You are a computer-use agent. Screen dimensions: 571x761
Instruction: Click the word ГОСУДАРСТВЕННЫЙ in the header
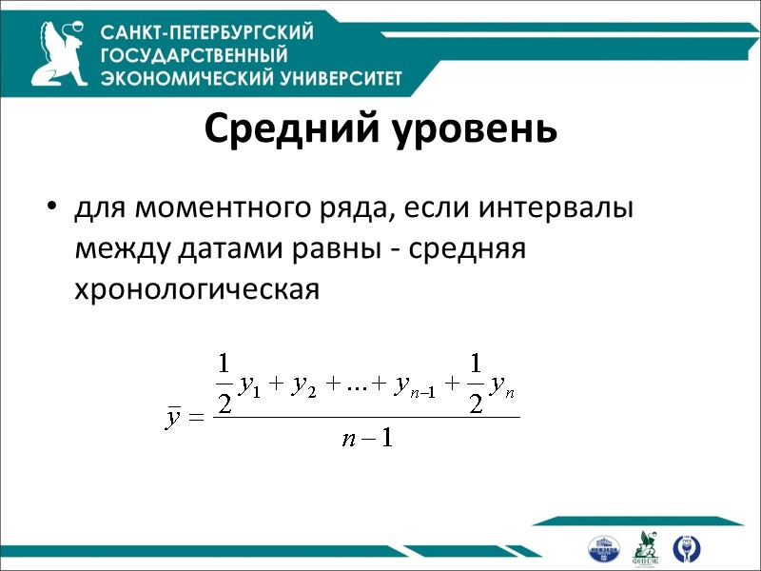tap(194, 55)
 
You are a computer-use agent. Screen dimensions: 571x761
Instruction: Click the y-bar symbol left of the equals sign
tap(173, 418)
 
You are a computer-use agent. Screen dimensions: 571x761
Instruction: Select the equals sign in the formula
tap(197, 419)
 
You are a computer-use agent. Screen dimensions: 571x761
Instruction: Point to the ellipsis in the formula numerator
tap(358, 385)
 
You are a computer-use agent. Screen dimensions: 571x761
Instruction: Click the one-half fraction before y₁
tap(224, 383)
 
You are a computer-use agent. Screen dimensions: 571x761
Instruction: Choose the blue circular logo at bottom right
tap(685, 547)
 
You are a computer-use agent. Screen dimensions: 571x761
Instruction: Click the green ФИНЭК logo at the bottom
tap(646, 547)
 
